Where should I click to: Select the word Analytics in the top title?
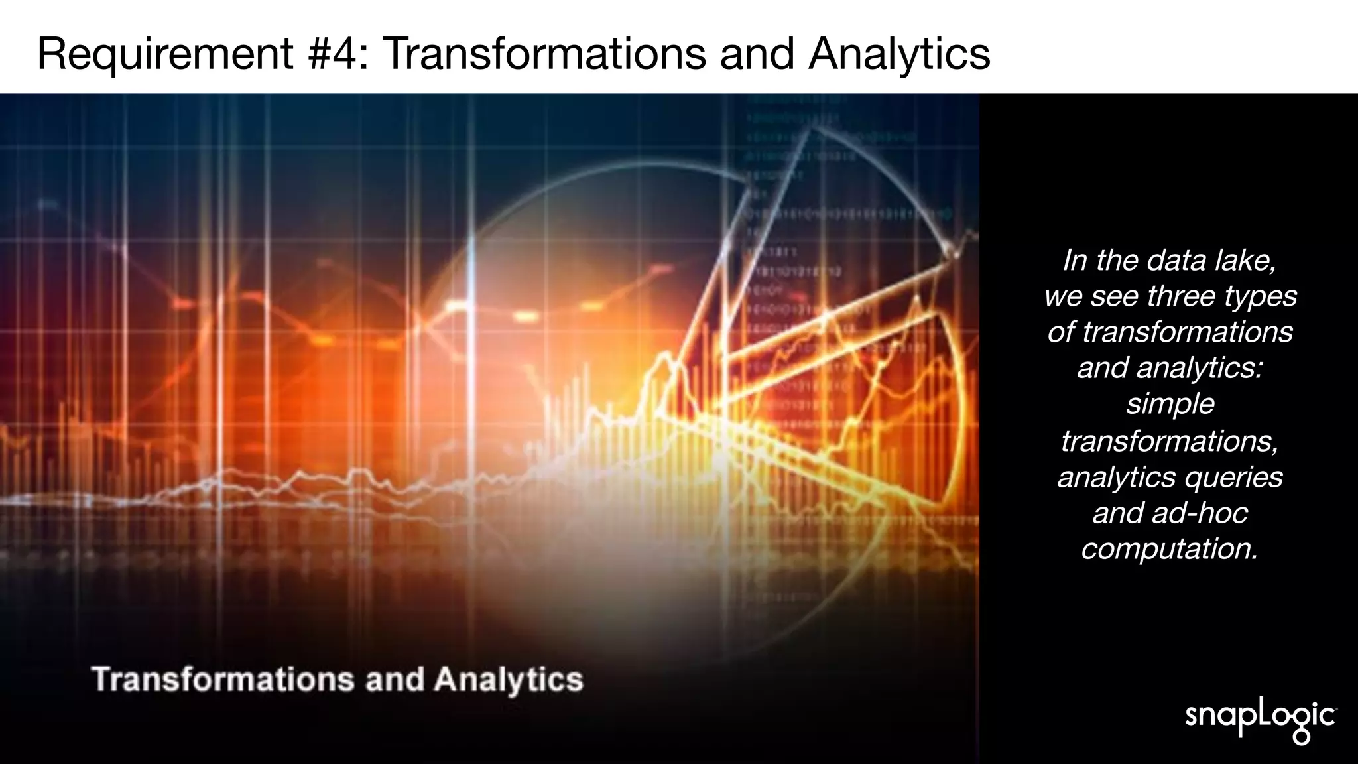[898, 53]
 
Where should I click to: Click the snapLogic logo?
[1260, 718]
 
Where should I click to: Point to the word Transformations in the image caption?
[223, 680]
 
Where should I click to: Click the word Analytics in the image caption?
[508, 680]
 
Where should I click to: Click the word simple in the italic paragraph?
[1170, 404]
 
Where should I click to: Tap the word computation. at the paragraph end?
[1170, 548]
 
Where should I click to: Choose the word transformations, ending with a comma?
[1170, 441]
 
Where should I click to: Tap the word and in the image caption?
[395, 680]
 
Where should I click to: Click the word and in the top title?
[757, 53]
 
